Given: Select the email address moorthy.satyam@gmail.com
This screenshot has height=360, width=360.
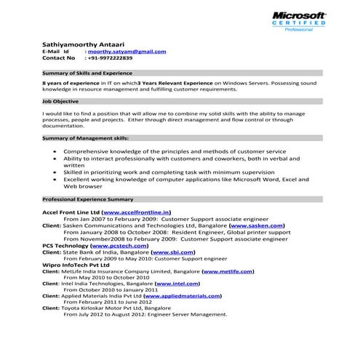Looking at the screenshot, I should click(126, 52).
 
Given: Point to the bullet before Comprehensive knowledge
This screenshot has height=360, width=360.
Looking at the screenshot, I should click(56, 151).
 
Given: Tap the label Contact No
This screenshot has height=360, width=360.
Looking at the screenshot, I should click(58, 59).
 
